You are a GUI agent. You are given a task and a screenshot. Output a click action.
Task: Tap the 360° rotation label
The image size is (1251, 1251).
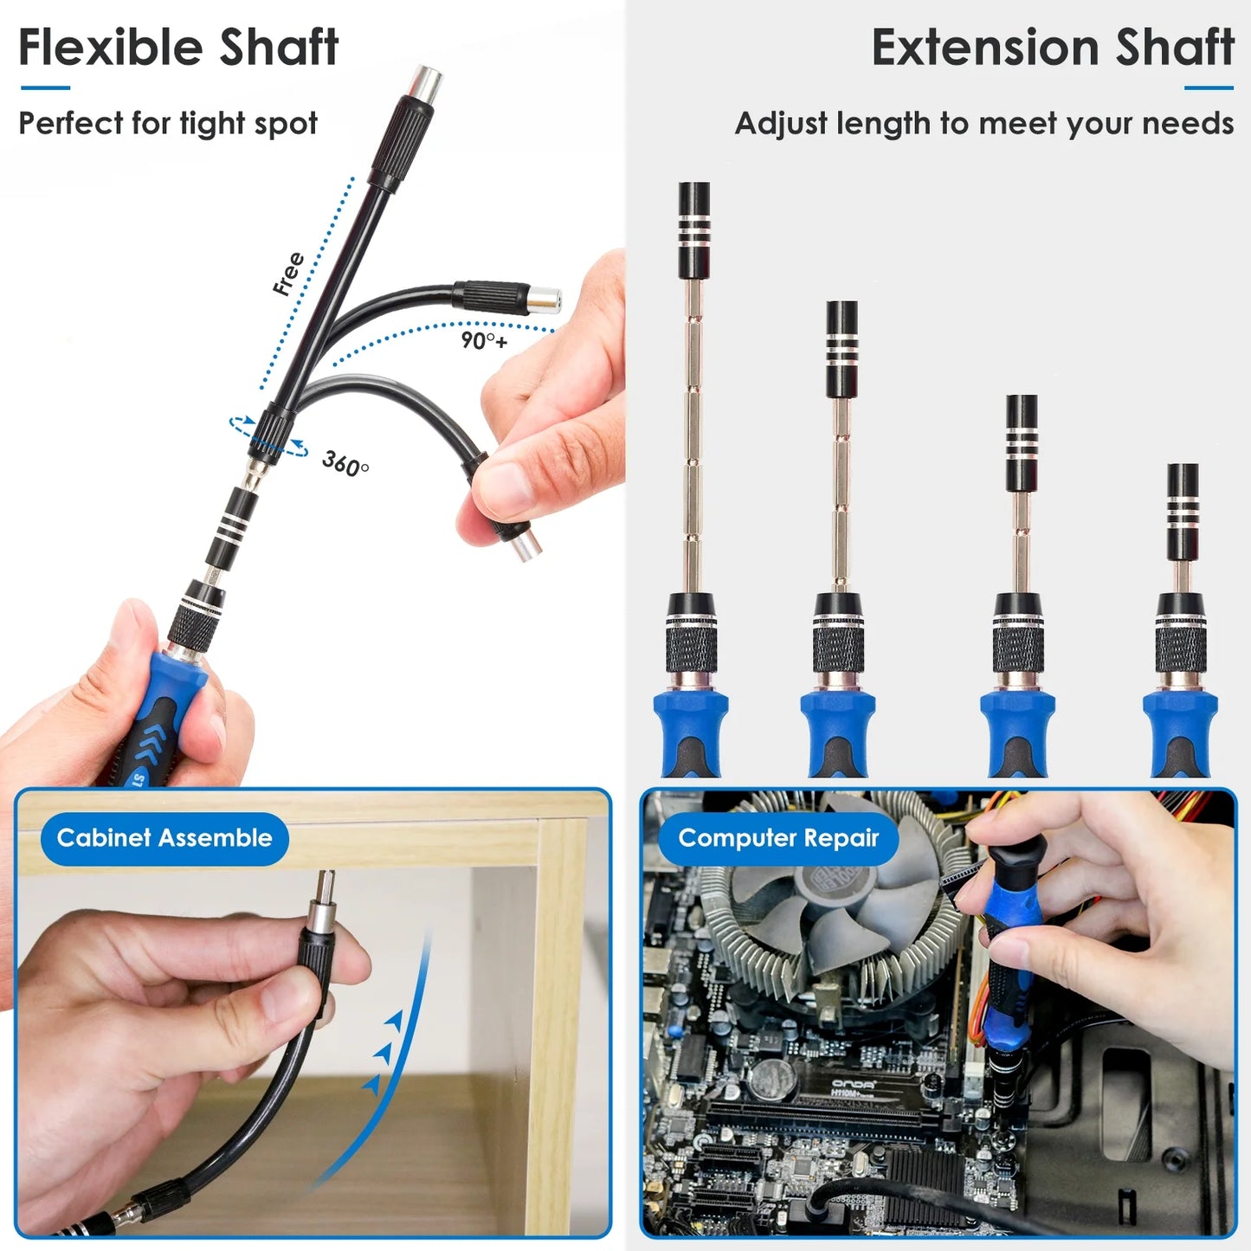[x=345, y=464]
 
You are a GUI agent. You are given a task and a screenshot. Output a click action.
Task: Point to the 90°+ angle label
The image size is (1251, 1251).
[x=484, y=340]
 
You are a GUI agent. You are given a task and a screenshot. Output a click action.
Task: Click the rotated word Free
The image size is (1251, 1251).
[x=288, y=274]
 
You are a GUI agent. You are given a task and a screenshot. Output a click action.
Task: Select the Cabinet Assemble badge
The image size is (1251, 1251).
[x=164, y=838]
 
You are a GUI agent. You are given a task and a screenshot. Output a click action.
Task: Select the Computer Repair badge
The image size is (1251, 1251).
[x=777, y=838]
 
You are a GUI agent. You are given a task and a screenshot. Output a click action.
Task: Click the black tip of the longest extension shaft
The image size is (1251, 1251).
[x=694, y=229]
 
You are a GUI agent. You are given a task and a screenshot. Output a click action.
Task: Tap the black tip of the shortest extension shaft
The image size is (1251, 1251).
[x=1183, y=511]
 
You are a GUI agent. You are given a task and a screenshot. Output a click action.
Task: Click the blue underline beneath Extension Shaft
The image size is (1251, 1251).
[x=1209, y=87]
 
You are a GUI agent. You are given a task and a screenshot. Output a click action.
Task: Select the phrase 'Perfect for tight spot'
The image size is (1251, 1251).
[x=168, y=124]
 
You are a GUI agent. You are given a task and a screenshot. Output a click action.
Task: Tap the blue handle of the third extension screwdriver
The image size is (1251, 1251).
[x=1017, y=732]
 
